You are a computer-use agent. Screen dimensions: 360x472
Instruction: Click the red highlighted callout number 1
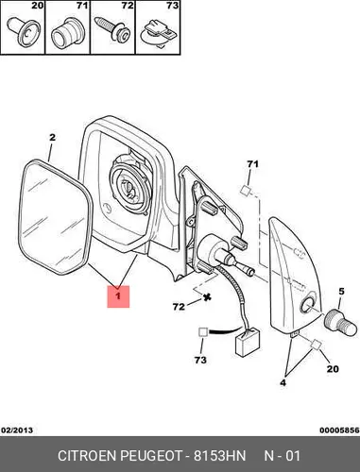click(x=118, y=296)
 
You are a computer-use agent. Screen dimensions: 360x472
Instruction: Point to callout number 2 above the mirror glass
click(x=52, y=137)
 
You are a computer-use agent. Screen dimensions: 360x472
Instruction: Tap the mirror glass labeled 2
click(x=56, y=217)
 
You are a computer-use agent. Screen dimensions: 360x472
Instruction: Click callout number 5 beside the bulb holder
click(x=342, y=292)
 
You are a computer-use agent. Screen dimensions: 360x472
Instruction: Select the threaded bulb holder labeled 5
click(x=341, y=324)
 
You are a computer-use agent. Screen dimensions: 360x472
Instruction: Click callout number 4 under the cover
click(x=283, y=382)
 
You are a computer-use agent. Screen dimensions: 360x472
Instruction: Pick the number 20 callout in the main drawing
click(x=333, y=368)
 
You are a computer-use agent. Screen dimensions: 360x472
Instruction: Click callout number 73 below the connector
click(x=200, y=360)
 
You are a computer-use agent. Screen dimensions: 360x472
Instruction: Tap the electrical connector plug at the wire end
click(x=248, y=343)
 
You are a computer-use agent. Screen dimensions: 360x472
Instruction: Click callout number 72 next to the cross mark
click(x=179, y=306)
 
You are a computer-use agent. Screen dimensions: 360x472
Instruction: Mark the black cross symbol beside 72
click(x=207, y=296)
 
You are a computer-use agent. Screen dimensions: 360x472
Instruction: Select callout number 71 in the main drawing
click(x=252, y=164)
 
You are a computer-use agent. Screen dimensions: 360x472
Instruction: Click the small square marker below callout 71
click(x=246, y=191)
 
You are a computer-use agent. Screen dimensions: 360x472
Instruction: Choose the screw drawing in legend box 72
click(x=112, y=29)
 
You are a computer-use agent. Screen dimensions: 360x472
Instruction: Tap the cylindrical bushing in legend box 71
click(x=67, y=34)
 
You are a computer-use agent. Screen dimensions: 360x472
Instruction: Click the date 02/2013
click(x=17, y=430)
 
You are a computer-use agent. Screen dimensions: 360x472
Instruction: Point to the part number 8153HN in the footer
click(x=219, y=456)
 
